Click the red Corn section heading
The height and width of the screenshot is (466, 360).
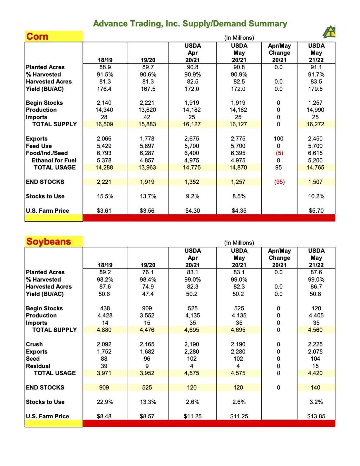pos(37,36)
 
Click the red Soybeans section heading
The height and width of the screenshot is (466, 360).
pos(49,241)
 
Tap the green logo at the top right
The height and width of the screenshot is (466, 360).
pos(329,32)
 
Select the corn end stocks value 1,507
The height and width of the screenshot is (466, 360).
pos(316,182)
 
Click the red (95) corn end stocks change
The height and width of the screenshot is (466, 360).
pos(279,182)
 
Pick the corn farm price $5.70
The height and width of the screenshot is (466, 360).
pos(316,211)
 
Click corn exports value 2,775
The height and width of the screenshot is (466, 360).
pos(238,139)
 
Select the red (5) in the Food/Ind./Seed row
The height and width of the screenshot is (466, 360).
pos(279,153)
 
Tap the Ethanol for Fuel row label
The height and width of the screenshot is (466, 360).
pos(54,160)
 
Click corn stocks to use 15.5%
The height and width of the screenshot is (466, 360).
pos(105,196)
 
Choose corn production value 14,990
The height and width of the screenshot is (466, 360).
pos(315,110)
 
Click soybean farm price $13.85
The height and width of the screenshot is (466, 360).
pos(316,416)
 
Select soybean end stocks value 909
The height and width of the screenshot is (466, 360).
pos(104,387)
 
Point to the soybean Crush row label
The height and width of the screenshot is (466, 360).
pos(34,344)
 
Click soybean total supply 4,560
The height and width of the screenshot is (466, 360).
pos(315,330)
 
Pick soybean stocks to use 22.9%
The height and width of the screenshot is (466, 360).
pos(105,402)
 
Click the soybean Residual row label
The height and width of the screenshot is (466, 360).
pos(38,366)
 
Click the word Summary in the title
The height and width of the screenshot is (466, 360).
pos(267,24)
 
